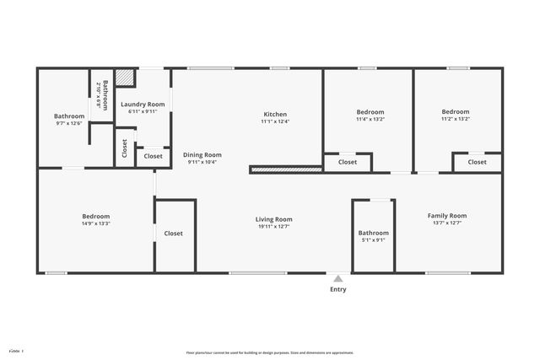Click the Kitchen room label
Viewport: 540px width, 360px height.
275,114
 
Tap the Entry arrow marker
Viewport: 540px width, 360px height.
337,278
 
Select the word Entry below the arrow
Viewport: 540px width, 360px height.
337,289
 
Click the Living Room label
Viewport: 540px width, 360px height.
273,219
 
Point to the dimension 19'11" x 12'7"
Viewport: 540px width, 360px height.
273,227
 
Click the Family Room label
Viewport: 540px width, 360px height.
446,216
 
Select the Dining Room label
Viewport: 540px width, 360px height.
202,154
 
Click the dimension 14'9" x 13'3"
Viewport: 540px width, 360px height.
95,223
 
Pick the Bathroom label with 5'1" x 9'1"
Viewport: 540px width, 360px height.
373,233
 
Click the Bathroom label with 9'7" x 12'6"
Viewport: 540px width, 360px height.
69,116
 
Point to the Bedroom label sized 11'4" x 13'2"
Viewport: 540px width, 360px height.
370,112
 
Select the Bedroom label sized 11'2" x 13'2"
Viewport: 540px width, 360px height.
456,111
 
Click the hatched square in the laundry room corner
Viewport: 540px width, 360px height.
126,78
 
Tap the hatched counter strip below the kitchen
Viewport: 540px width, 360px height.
287,169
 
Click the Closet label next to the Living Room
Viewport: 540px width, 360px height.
174,234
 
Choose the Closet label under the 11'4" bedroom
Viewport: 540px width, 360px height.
348,162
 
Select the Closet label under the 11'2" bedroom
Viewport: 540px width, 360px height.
478,162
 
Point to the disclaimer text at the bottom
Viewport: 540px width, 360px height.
270,352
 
